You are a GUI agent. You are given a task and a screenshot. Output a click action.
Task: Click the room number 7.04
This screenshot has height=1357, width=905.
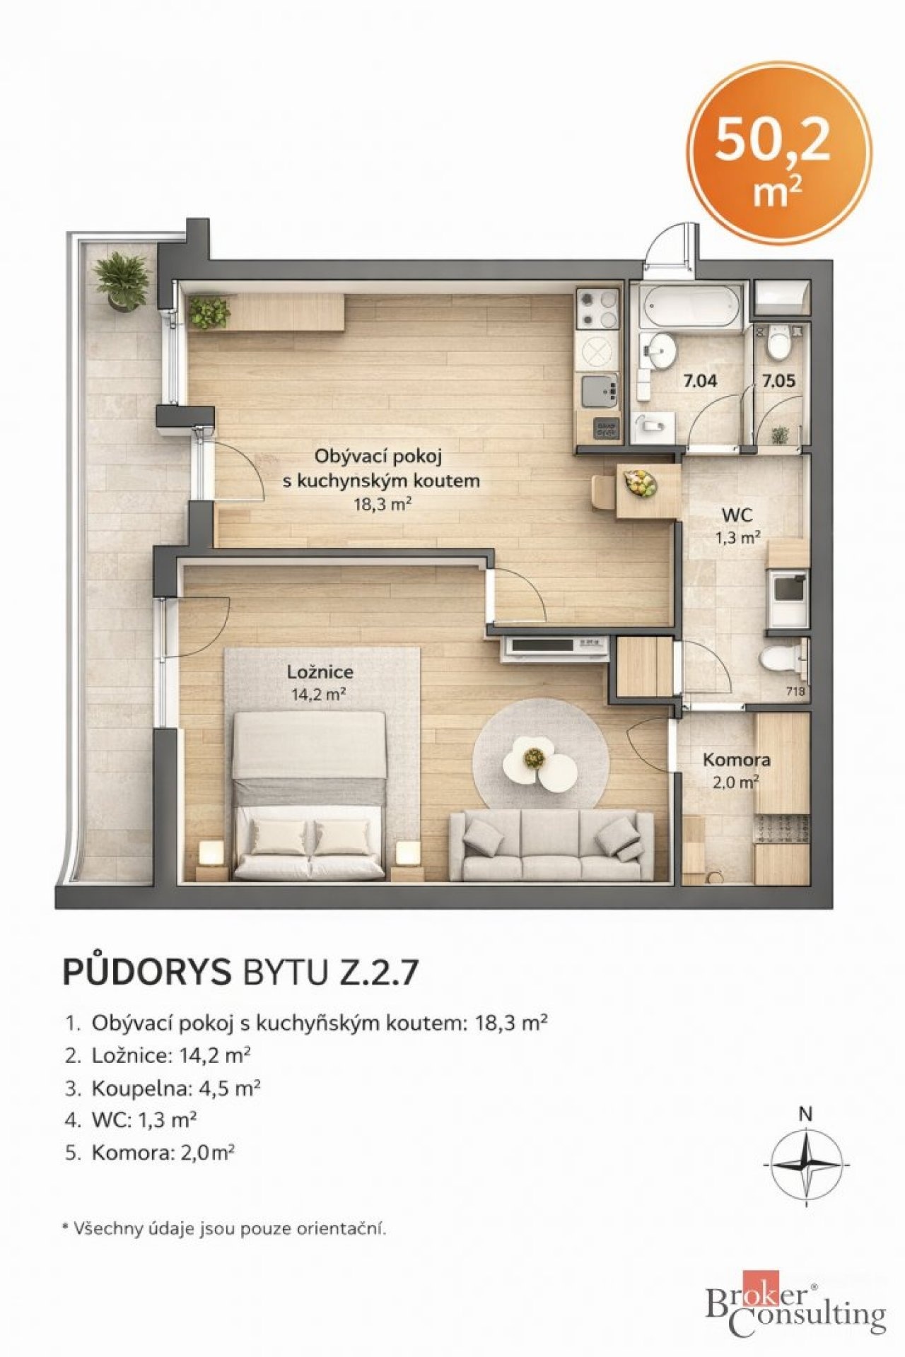699,380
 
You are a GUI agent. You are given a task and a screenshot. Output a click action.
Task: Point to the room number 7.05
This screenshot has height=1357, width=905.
778,380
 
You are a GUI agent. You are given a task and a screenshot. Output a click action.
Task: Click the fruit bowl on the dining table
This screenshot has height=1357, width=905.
641,482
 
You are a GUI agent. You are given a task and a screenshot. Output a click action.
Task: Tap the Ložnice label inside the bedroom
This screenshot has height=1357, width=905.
320,671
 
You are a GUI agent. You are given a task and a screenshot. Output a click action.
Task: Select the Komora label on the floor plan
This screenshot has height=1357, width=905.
736,760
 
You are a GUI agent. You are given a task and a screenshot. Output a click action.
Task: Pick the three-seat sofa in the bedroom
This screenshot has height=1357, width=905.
551,844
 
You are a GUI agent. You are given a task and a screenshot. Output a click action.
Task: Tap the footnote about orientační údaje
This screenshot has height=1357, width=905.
224,1228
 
